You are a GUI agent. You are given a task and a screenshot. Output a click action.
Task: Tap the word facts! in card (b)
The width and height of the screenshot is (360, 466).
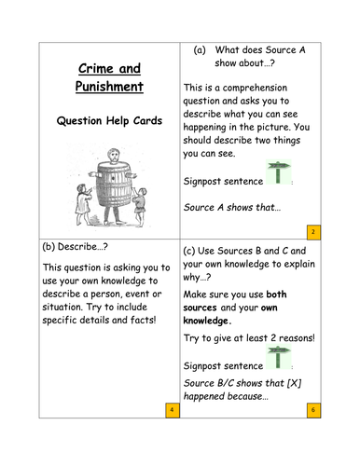[x=143, y=319]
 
